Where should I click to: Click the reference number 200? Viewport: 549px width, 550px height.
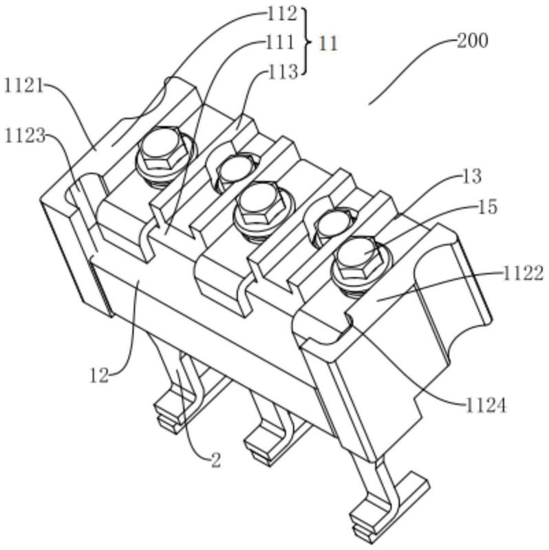pyautogui.click(x=473, y=41)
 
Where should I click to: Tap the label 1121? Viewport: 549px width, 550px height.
pyautogui.click(x=23, y=85)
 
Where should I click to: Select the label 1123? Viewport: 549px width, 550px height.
pyautogui.click(x=23, y=135)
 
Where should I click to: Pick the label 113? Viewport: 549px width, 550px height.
pyautogui.click(x=283, y=70)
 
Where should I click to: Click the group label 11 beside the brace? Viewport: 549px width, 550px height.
pyautogui.click(x=328, y=43)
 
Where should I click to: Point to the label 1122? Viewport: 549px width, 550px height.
pyautogui.click(x=521, y=273)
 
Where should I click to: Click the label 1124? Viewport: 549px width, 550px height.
pyautogui.click(x=484, y=406)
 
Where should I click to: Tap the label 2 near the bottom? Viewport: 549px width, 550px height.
pyautogui.click(x=215, y=460)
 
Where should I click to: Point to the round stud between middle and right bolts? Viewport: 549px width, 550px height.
pyautogui.click(x=332, y=224)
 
